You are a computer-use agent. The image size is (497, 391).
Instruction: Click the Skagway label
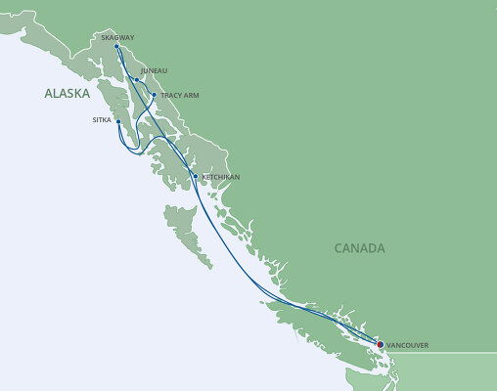117,38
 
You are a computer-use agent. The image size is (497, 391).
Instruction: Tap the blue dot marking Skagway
116,47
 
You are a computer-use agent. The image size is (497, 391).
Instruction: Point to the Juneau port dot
137,80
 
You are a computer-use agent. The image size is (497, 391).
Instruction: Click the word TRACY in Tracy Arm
171,96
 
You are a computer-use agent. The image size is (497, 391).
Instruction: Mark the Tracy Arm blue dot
155,95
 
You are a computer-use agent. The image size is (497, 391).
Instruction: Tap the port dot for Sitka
118,122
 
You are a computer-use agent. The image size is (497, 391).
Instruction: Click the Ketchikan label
220,177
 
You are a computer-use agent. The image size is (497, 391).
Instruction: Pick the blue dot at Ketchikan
196,176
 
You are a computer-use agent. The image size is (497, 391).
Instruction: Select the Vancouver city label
407,345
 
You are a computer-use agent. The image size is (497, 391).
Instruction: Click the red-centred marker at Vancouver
380,344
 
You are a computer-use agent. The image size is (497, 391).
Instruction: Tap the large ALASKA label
67,94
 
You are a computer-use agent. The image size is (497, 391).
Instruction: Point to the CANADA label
359,248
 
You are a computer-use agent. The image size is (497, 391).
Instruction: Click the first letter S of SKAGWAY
103,38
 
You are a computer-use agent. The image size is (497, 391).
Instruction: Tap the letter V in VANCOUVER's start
388,345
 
